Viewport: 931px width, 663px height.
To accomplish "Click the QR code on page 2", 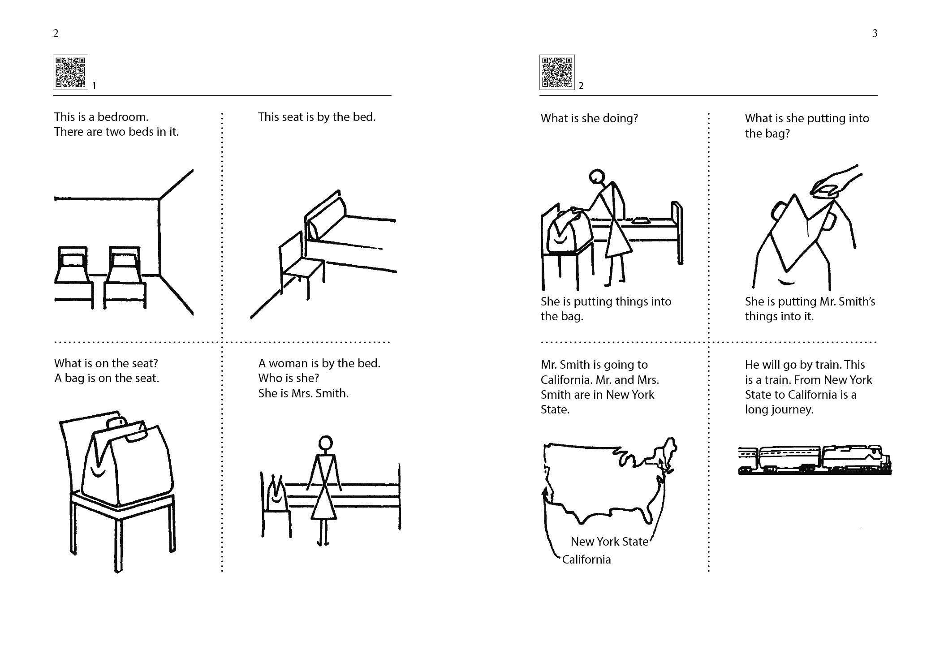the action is coord(70,72).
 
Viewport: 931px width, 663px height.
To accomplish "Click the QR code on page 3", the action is coord(557,72).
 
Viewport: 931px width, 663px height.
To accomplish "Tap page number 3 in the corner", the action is coord(875,33).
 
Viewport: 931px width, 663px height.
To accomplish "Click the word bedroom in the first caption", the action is coord(123,117).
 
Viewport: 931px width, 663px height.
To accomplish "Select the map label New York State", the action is coord(609,542).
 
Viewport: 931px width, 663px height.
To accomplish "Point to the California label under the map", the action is coord(586,560).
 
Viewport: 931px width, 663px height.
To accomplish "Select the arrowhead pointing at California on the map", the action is coord(545,491).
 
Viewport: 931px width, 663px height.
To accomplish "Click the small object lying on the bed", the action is coord(642,220).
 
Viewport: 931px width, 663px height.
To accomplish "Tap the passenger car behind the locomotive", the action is coord(789,460).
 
